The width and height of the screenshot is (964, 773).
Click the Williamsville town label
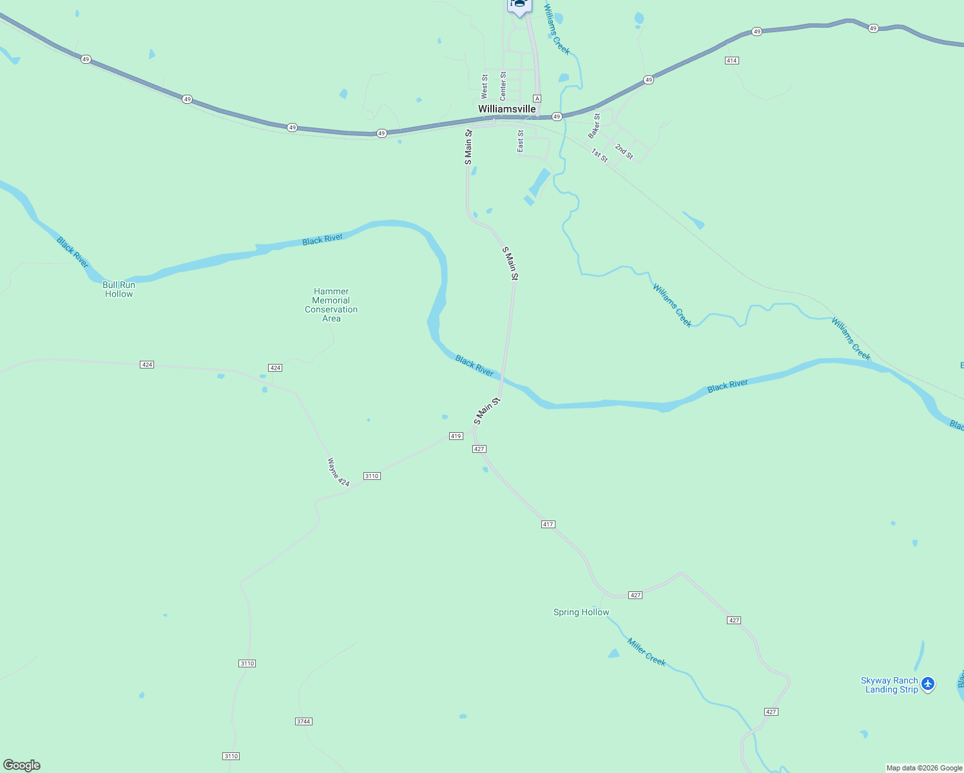click(x=506, y=109)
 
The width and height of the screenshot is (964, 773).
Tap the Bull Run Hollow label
click(x=119, y=289)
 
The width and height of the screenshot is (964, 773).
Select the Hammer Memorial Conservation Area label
click(x=331, y=305)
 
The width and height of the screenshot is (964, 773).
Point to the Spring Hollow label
click(x=581, y=612)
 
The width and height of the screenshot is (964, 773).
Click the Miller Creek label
click(x=646, y=651)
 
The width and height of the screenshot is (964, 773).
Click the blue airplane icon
click(x=928, y=683)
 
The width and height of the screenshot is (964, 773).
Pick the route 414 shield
click(x=731, y=61)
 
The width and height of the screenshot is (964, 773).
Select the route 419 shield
click(x=456, y=436)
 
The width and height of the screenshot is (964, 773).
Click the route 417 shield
click(x=548, y=524)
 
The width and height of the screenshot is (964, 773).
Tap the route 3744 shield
click(x=304, y=721)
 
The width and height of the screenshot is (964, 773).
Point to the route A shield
click(x=537, y=99)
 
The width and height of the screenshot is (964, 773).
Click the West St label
click(x=485, y=86)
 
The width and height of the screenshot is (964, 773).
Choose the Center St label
click(x=503, y=86)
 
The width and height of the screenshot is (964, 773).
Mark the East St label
click(x=521, y=142)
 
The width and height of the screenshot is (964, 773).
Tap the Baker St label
click(x=594, y=126)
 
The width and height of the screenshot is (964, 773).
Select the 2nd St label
click(x=624, y=151)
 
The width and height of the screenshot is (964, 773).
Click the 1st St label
click(x=599, y=155)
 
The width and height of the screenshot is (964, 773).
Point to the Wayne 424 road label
click(x=338, y=472)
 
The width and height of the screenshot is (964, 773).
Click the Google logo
click(x=22, y=765)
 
